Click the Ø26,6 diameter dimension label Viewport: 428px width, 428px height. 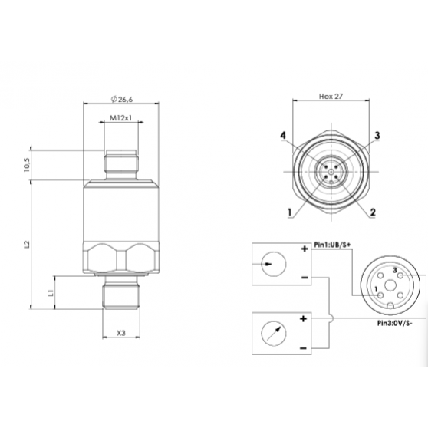120,100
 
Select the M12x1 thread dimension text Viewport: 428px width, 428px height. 120,118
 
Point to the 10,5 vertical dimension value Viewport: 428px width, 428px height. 28,164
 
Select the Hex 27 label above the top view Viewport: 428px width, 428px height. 330,97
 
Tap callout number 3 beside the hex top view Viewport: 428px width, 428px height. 377,136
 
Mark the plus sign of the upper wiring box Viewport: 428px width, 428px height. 304,249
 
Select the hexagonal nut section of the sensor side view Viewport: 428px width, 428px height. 120,257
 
